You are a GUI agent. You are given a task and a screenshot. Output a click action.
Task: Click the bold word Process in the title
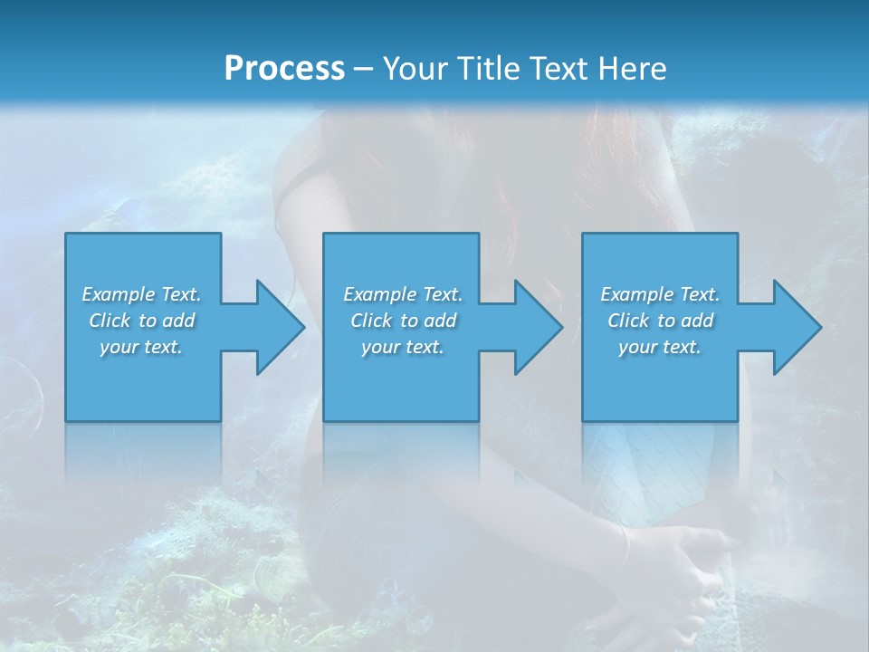coord(284,69)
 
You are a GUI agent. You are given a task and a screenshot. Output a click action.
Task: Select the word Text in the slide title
coord(558,69)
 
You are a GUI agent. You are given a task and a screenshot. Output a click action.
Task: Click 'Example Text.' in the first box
coord(141,294)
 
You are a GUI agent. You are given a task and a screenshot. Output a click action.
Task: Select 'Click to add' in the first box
coord(141,321)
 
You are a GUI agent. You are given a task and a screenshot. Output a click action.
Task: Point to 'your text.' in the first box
coord(141,347)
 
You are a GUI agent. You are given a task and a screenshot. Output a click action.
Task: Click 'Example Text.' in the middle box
coord(403,294)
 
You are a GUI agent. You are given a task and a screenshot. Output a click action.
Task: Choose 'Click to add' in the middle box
coord(403,321)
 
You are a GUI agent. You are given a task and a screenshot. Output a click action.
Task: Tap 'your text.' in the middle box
coord(403,347)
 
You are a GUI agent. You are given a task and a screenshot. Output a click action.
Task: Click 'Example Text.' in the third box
coord(660,294)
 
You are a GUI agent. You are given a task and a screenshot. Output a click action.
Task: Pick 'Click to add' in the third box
coord(660,321)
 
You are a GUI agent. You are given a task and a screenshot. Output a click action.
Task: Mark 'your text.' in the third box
coord(660,347)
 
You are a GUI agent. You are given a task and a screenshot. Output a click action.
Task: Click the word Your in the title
coord(413,69)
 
